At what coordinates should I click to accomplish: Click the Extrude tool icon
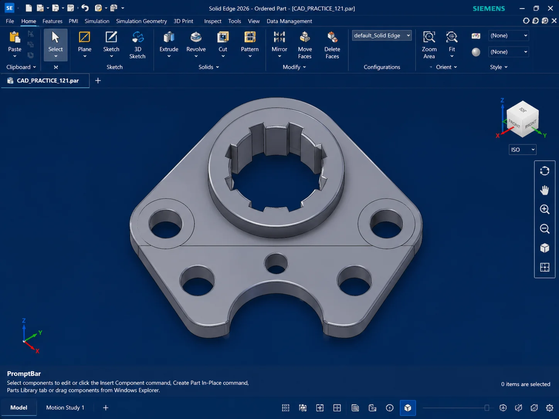(169, 37)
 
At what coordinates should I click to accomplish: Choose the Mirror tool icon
(279, 37)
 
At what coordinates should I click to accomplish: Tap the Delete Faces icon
(332, 37)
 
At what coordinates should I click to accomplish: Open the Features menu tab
(53, 21)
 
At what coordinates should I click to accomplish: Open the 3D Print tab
(183, 21)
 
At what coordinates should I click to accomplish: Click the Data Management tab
(289, 21)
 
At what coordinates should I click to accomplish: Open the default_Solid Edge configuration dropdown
(382, 35)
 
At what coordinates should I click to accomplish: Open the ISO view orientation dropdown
(522, 150)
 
